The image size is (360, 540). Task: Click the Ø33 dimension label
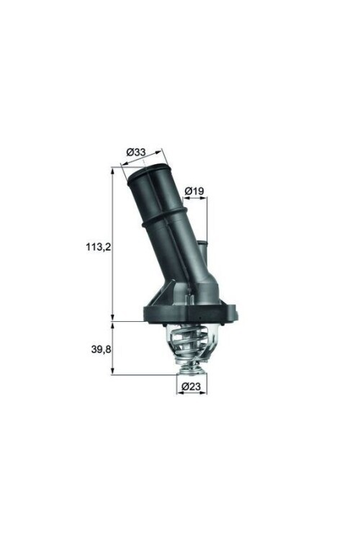click(x=136, y=152)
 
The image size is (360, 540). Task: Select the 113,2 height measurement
click(x=96, y=246)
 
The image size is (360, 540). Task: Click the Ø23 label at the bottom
click(x=191, y=387)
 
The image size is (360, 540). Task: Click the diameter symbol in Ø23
click(x=185, y=387)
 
